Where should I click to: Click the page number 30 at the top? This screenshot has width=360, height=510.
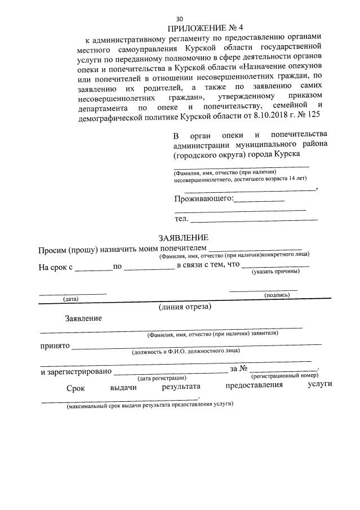pyautogui.click(x=180, y=18)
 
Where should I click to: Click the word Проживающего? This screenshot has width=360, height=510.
pyautogui.click(x=203, y=198)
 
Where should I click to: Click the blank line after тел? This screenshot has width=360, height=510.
pyautogui.click(x=254, y=219)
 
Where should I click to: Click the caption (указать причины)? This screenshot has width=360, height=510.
pyautogui.click(x=275, y=272)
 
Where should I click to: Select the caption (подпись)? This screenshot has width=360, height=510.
pyautogui.click(x=277, y=294)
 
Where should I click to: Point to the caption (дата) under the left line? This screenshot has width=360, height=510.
pyautogui.click(x=71, y=299)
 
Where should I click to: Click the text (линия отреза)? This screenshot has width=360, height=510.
pyautogui.click(x=185, y=307)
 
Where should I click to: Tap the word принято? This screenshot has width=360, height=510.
pyautogui.click(x=54, y=345)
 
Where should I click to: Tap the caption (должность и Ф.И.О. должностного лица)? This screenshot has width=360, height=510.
pyautogui.click(x=185, y=352)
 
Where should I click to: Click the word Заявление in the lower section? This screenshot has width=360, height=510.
pyautogui.click(x=83, y=318)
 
